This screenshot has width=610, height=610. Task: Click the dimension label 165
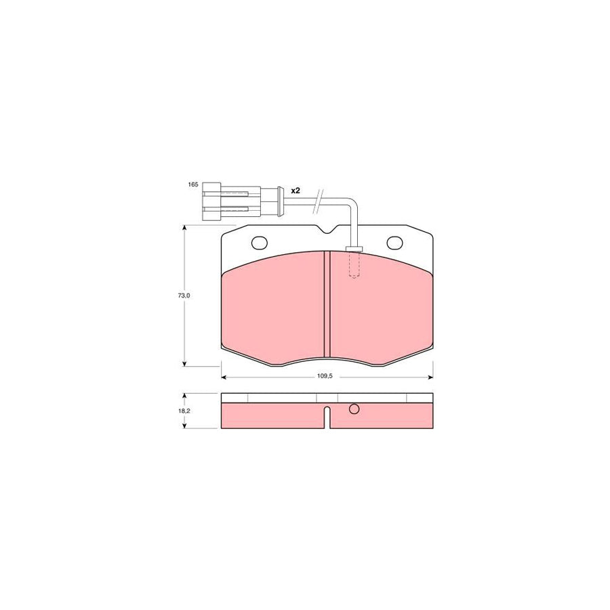click(x=192, y=185)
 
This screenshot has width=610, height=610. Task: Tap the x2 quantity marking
click(x=295, y=191)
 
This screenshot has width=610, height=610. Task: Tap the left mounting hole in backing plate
click(x=259, y=242)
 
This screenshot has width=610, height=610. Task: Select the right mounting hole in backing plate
click(x=394, y=242)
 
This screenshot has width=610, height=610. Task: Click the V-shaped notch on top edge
click(x=327, y=232)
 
